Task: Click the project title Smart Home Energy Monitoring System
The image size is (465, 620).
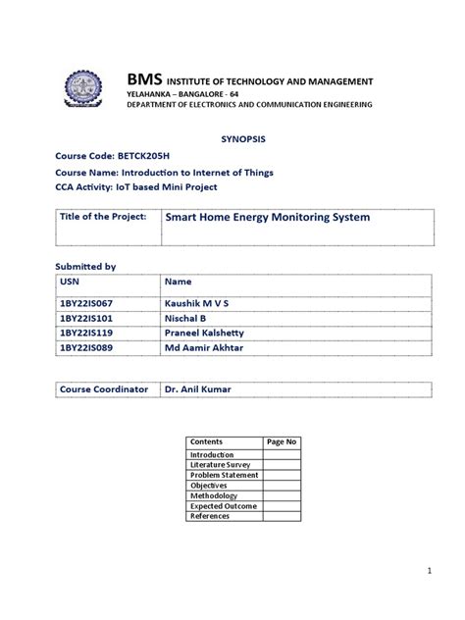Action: (x=267, y=217)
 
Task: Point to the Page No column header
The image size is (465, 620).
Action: (x=282, y=442)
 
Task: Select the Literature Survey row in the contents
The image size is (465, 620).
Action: (x=221, y=465)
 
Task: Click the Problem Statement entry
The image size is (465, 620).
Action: (x=225, y=475)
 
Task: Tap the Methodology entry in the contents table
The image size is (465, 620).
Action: (x=214, y=495)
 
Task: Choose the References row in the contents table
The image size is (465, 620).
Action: (x=210, y=516)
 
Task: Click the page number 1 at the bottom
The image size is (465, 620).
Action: (x=429, y=570)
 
